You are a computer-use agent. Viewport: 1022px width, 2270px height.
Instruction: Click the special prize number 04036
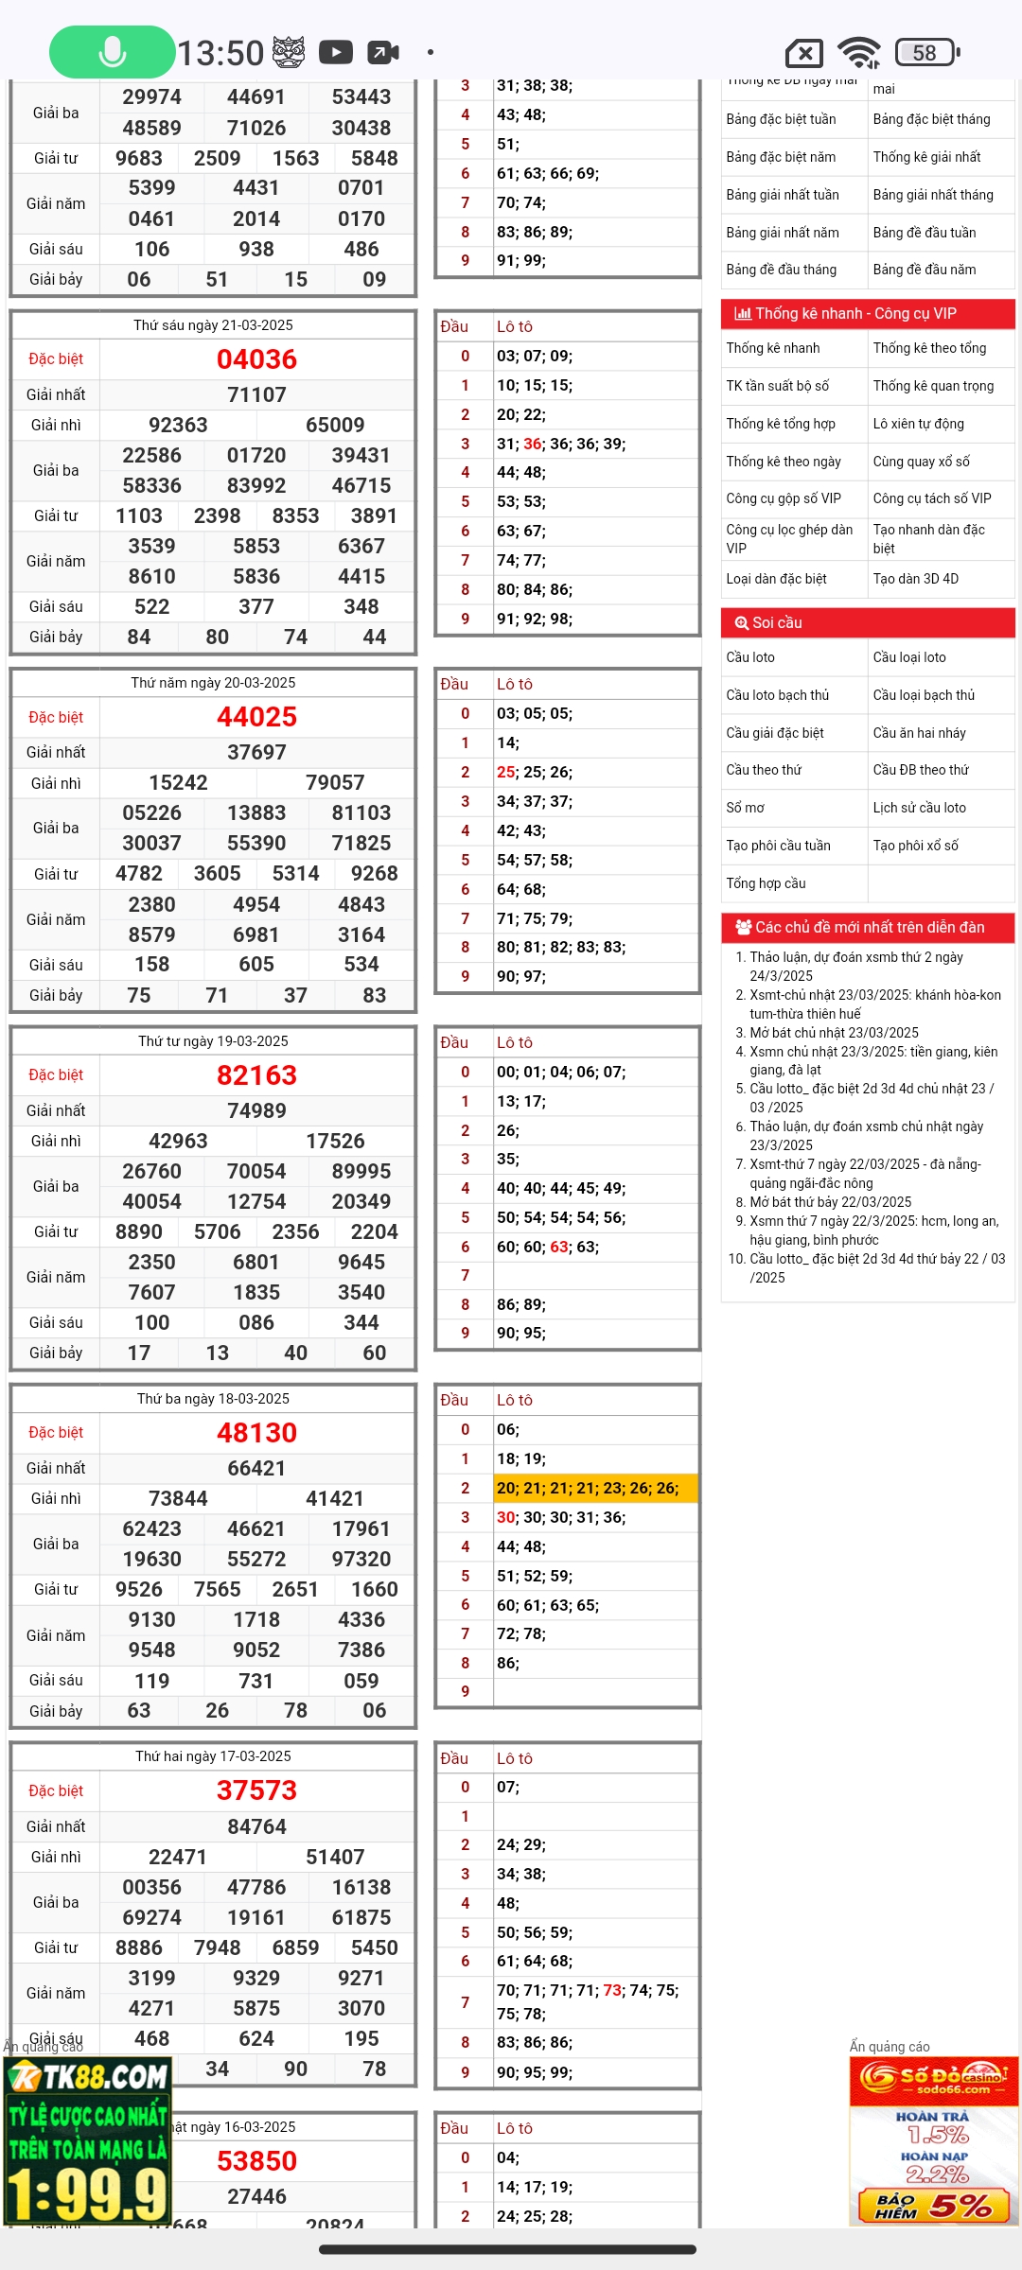pyautogui.click(x=256, y=359)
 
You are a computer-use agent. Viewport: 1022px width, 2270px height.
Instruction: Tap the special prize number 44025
pyautogui.click(x=256, y=717)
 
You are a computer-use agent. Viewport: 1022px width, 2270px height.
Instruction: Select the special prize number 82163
pyautogui.click(x=256, y=1075)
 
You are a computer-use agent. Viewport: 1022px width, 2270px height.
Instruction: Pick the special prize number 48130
pyautogui.click(x=256, y=1433)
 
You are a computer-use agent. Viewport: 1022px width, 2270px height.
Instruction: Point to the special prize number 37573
pyautogui.click(x=256, y=1790)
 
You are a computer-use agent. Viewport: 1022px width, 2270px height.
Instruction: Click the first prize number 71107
pyautogui.click(x=256, y=394)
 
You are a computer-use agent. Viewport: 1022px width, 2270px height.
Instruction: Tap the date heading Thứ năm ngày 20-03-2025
pyautogui.click(x=213, y=683)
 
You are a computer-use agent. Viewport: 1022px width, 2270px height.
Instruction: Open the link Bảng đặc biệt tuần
pyautogui.click(x=781, y=119)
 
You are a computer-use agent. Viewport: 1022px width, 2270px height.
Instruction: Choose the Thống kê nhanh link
pyautogui.click(x=773, y=348)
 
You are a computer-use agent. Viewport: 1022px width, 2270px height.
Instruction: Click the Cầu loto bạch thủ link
pyautogui.click(x=777, y=695)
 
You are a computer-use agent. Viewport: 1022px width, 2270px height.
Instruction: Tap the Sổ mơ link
pyautogui.click(x=746, y=808)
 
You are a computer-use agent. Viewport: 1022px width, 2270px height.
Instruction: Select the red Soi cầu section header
pyautogui.click(x=868, y=622)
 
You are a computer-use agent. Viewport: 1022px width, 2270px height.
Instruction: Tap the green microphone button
pyautogui.click(x=112, y=52)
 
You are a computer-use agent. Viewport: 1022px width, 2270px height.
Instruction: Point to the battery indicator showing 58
pyautogui.click(x=926, y=53)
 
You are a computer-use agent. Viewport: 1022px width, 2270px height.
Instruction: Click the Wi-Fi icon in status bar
pyautogui.click(x=859, y=53)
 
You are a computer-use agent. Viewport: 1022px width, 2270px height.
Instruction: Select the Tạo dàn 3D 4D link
pyautogui.click(x=915, y=579)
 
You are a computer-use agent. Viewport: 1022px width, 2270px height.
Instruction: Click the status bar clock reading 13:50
pyautogui.click(x=220, y=53)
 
